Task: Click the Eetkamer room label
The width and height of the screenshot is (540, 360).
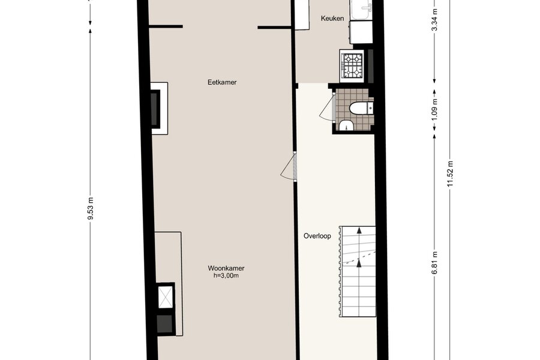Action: (222, 82)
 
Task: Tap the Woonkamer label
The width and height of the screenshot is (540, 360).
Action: (226, 268)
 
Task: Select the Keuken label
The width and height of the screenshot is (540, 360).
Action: (332, 18)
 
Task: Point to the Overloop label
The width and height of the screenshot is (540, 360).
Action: (317, 236)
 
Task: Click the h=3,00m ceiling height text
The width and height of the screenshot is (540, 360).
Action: (226, 275)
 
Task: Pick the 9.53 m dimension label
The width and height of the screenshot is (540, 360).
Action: (90, 208)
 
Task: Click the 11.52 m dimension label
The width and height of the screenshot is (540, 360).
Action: (451, 174)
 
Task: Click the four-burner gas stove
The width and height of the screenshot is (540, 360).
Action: (352, 66)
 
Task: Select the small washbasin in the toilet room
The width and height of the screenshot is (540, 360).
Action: (346, 126)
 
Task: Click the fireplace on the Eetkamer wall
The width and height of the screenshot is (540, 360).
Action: (160, 108)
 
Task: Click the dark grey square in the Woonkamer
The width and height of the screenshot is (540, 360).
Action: (166, 324)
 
